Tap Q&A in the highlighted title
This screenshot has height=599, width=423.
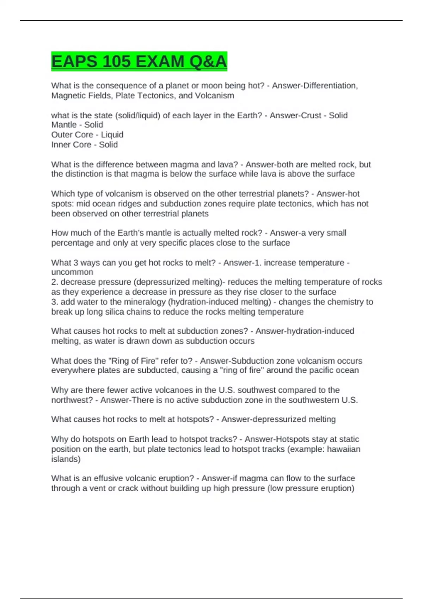[x=208, y=62]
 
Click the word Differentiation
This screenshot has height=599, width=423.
[x=315, y=86]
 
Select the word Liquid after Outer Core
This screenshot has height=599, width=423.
[x=112, y=135]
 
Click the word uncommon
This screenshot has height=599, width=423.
[x=72, y=272]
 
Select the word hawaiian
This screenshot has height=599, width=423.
[x=344, y=449]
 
